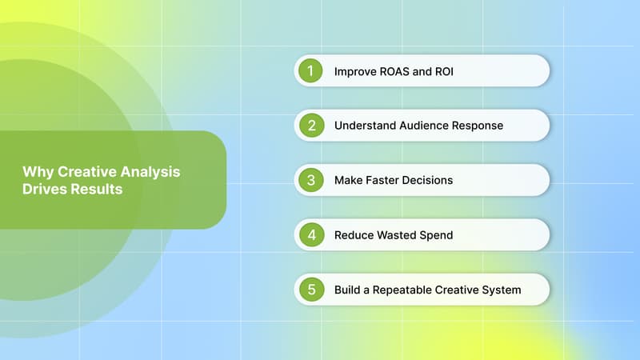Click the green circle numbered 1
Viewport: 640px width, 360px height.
click(x=310, y=71)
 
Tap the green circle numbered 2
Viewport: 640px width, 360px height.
click(x=310, y=126)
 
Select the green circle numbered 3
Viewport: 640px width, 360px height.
click(x=310, y=180)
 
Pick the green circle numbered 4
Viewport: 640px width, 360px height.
click(x=310, y=234)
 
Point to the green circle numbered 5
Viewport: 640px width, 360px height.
click(x=310, y=289)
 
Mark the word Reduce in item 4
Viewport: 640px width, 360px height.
click(x=354, y=234)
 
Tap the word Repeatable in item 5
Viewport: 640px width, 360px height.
click(x=402, y=289)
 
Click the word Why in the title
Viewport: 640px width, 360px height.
click(x=34, y=171)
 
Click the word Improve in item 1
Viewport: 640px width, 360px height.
click(x=356, y=71)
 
